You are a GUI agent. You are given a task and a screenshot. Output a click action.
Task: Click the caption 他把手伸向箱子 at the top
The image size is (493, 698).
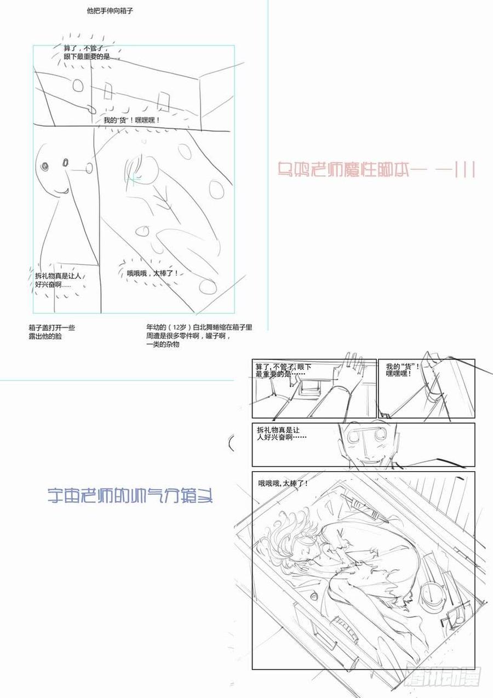pos(110,10)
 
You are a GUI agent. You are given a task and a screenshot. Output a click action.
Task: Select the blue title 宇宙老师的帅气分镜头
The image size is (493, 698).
pos(130,496)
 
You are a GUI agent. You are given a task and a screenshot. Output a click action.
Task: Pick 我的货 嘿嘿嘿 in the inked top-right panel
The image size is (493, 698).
pos(403,369)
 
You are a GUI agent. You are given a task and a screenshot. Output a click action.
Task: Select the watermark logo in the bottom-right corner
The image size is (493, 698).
pos(443,677)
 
